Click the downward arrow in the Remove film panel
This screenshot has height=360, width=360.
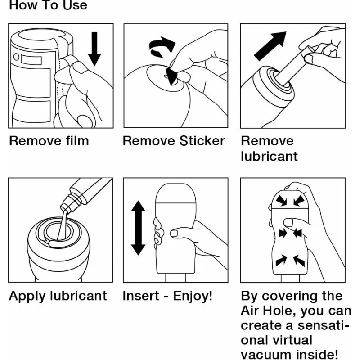coord(94,49)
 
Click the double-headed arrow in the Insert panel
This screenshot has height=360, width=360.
coord(138,228)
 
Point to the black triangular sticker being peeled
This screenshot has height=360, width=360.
coord(171,76)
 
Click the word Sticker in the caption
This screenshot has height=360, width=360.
coord(202,141)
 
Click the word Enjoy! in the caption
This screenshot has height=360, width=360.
coord(193,296)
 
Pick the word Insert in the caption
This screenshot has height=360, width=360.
coord(141,296)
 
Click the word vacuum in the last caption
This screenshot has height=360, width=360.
coord(266,355)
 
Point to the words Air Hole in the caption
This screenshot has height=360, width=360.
coord(267,310)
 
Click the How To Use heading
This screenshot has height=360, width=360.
coord(48,5)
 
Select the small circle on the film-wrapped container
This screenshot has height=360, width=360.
coord(16,57)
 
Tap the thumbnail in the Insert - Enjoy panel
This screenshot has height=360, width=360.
coord(174,233)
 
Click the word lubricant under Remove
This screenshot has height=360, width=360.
coord(269,157)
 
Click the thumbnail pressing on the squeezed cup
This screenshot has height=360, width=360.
coord(288,222)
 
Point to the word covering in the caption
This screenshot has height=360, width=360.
coord(290,296)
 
